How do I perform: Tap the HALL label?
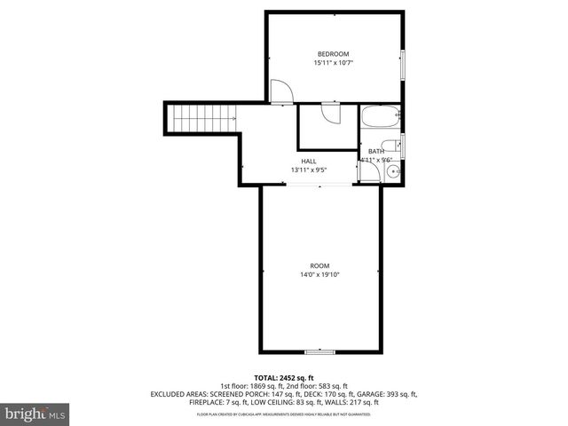point(308,161)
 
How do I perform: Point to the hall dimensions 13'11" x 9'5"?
point(308,170)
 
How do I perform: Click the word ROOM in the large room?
point(319,265)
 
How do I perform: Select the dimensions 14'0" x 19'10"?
point(319,275)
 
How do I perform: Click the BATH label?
point(376,152)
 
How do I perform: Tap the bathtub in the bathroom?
point(381,118)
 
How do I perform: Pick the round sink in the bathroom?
point(395,171)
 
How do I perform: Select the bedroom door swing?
point(280,91)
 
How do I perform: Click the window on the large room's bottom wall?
point(319,351)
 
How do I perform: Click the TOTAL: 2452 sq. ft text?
point(284,378)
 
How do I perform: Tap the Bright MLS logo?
point(35,414)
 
